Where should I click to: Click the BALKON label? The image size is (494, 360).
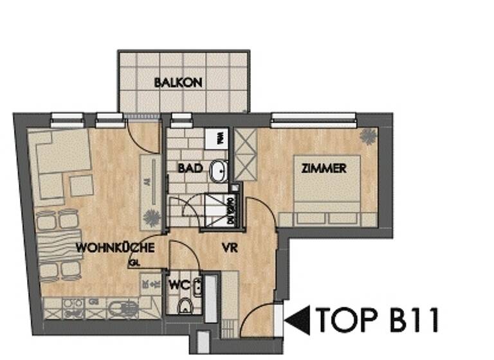point(178,82)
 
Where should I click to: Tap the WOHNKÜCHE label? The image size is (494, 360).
point(114,248)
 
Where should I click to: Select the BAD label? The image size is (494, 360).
point(190,168)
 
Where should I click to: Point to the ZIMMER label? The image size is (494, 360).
point(324,168)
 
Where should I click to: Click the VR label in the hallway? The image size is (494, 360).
point(230,248)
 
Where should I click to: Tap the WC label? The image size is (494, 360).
point(178,283)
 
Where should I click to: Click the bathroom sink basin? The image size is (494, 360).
point(219,170)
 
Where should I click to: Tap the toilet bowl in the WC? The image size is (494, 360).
point(184,305)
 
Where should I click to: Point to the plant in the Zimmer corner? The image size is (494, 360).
point(369,136)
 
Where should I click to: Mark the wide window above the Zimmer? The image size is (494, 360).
point(313,117)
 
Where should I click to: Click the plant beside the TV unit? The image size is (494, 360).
point(152,217)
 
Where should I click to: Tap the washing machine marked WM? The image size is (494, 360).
point(219,136)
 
